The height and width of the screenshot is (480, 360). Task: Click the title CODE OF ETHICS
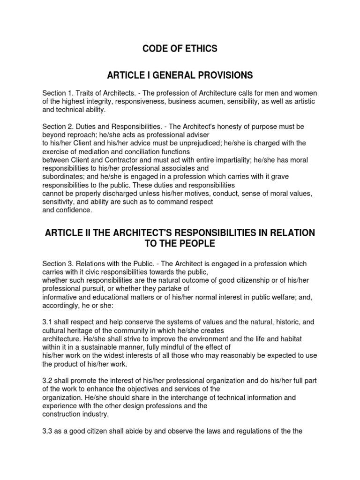coord(180,49)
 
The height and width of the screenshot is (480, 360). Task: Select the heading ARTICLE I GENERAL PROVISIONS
coord(180,75)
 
